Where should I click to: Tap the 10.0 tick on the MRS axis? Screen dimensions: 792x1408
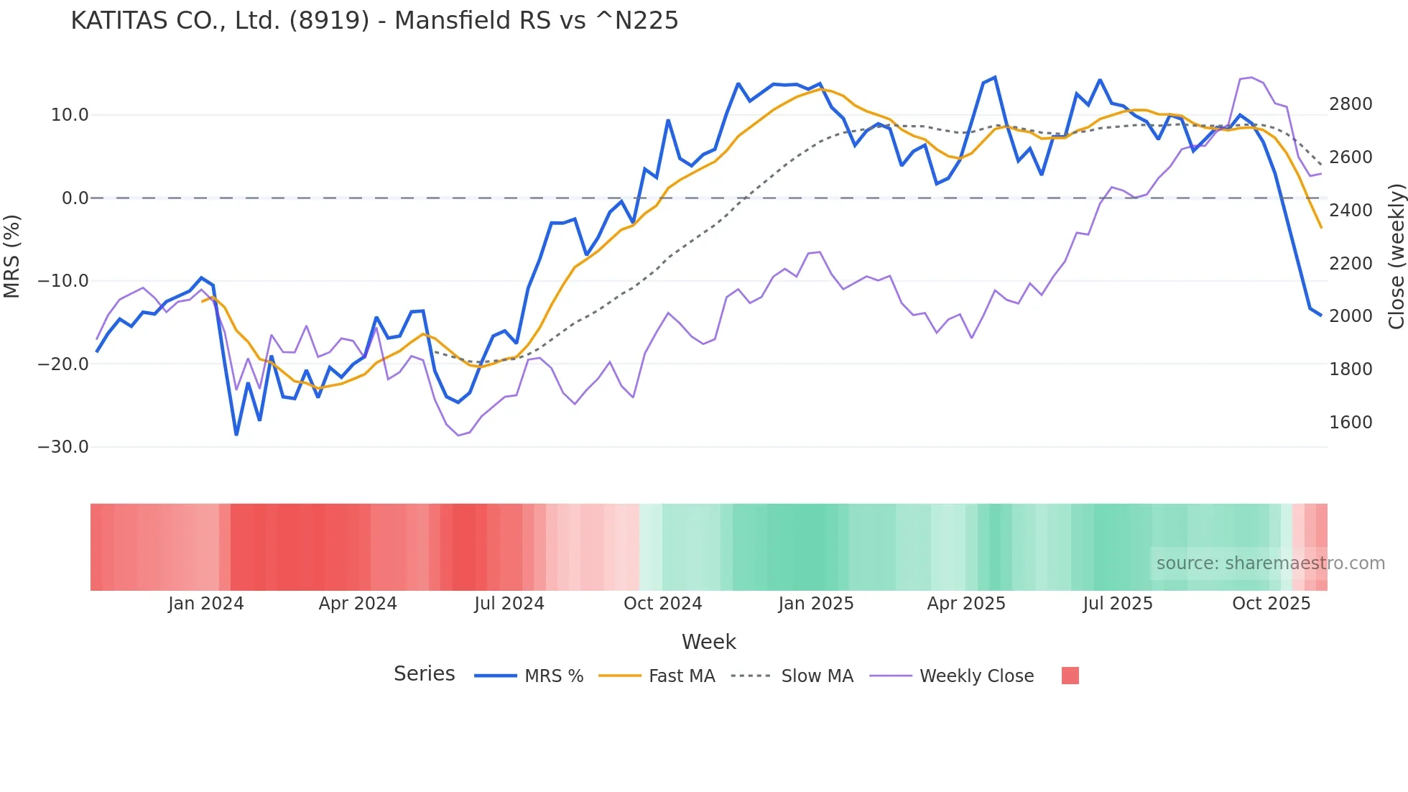pyautogui.click(x=70, y=115)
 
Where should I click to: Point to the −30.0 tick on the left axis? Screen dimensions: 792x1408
pyautogui.click(x=63, y=447)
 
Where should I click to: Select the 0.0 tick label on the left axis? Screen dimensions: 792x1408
pyautogui.click(x=75, y=198)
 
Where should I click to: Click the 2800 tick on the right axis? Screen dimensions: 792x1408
pyautogui.click(x=1351, y=104)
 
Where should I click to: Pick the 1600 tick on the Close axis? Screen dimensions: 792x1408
pyautogui.click(x=1351, y=423)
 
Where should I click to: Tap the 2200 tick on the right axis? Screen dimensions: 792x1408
pyautogui.click(x=1351, y=264)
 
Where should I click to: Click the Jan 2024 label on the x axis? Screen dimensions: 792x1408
pyautogui.click(x=206, y=604)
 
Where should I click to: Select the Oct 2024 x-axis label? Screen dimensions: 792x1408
pyautogui.click(x=662, y=604)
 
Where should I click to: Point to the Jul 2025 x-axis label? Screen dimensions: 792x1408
pyautogui.click(x=1118, y=604)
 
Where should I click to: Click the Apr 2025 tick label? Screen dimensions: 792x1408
pyautogui.click(x=966, y=604)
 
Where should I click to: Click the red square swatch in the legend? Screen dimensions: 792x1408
pyautogui.click(x=1070, y=676)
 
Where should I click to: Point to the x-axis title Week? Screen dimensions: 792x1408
pyautogui.click(x=708, y=642)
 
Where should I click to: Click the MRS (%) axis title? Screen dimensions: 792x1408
pyautogui.click(x=12, y=256)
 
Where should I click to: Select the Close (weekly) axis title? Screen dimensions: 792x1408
pyautogui.click(x=1396, y=257)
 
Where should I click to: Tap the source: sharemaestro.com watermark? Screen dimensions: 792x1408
pyautogui.click(x=1270, y=563)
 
